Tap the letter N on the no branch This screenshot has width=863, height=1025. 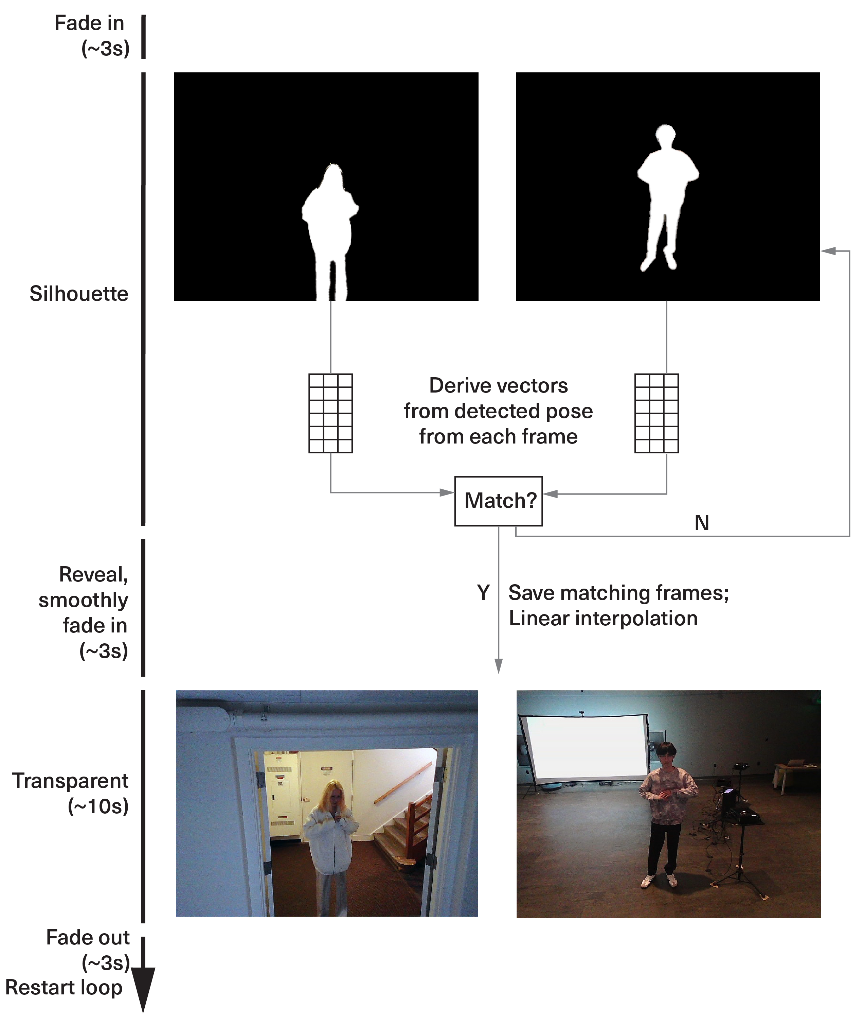[x=702, y=523]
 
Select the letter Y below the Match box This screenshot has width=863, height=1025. [x=483, y=592]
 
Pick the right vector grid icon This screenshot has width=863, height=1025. [x=656, y=413]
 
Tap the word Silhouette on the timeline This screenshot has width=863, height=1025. [x=79, y=294]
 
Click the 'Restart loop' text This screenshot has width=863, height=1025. [x=64, y=987]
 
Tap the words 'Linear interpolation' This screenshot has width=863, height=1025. [x=603, y=618]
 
